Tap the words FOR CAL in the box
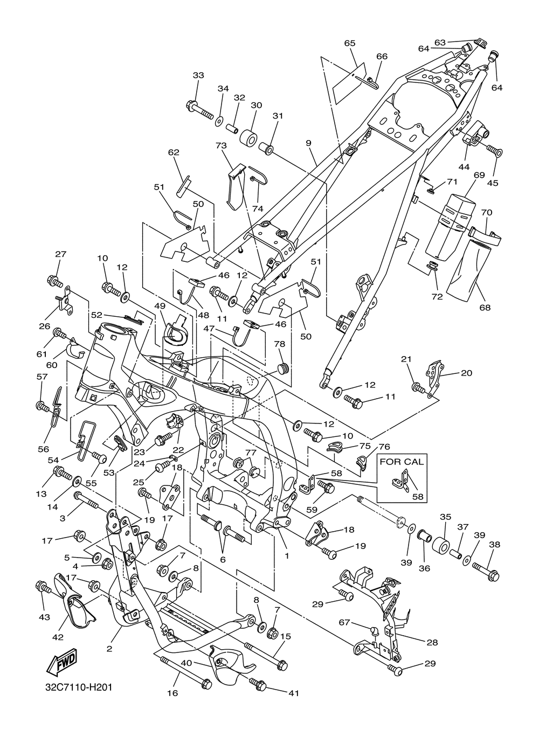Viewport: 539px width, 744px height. click(x=402, y=462)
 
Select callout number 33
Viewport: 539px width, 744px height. click(x=198, y=75)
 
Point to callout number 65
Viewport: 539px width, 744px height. click(x=350, y=43)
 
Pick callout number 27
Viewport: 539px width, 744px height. click(x=61, y=254)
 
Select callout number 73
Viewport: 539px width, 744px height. click(x=221, y=145)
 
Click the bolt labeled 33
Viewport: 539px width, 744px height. click(x=199, y=110)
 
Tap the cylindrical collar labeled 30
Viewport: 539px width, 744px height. click(x=249, y=137)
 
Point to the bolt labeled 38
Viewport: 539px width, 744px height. click(x=485, y=570)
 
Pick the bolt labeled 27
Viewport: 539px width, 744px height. click(x=55, y=282)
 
